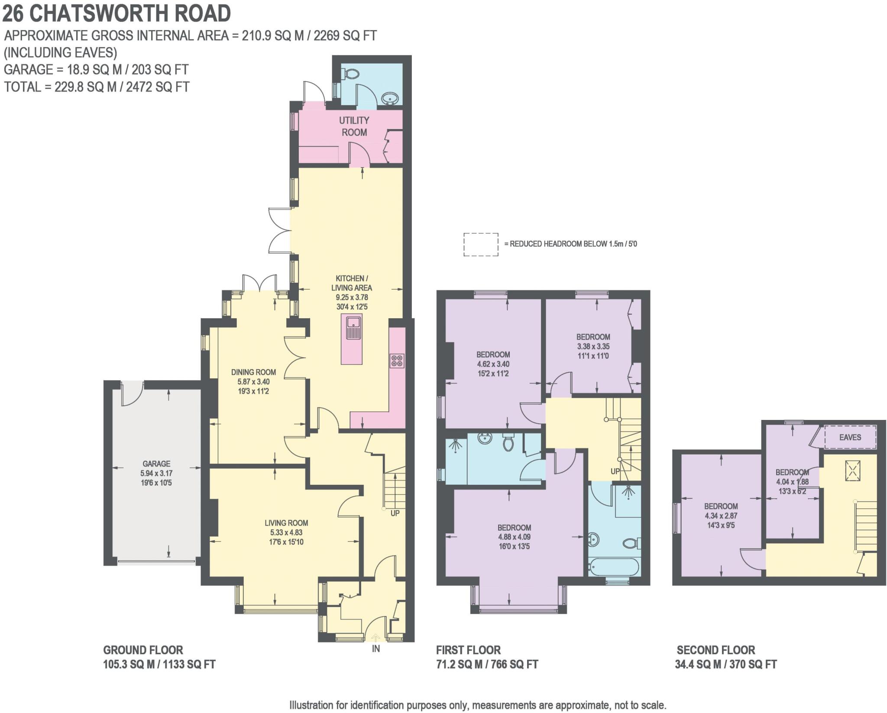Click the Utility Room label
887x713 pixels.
pos(354,126)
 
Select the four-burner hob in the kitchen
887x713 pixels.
pos(397,361)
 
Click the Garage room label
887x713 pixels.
pos(156,464)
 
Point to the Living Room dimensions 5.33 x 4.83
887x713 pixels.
pos(286,532)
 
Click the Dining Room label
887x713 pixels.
pos(253,372)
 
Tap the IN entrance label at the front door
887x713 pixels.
pos(376,648)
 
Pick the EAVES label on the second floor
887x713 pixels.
pos(850,437)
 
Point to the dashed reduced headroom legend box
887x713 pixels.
pos(481,245)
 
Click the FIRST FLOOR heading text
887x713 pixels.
pos(468,650)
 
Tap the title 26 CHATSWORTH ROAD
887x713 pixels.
pos(117,13)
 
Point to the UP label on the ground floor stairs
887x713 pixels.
pos(395,513)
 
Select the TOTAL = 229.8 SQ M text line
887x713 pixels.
pos(97,87)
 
